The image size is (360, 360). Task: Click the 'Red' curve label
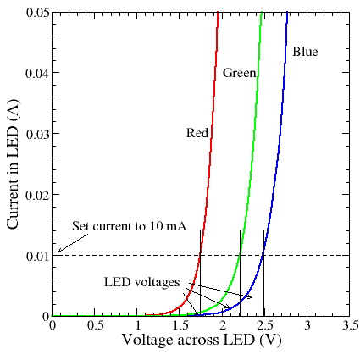click(197, 132)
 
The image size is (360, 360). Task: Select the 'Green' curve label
click(240, 74)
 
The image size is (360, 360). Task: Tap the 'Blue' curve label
click(305, 53)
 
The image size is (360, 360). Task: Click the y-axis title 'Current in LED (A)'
click(13, 158)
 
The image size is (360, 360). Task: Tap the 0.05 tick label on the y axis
click(36, 11)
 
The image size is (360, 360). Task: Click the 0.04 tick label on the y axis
click(36, 72)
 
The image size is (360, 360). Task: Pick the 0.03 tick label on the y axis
click(36, 133)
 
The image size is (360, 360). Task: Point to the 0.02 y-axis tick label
click(36, 194)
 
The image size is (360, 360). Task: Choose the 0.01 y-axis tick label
click(36, 255)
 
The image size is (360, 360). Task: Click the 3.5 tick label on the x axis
click(349, 325)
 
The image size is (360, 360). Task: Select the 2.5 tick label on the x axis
click(264, 325)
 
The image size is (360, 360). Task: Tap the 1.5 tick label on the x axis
click(180, 325)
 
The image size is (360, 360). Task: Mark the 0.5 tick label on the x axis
click(95, 325)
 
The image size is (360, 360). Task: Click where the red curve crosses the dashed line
click(200, 255)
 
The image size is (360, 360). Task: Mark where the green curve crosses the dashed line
click(241, 255)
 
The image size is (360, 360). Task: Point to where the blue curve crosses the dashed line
click(264, 255)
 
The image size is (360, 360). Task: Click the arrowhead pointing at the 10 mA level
click(58, 251)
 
